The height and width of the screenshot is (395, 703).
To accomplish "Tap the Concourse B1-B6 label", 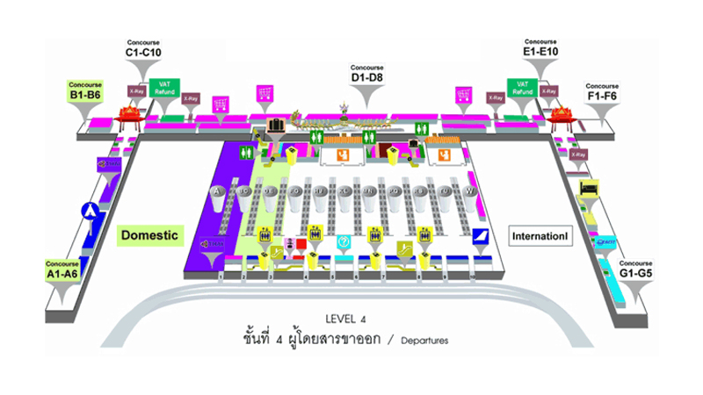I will (x=86, y=90).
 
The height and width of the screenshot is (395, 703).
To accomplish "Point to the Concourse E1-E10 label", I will (x=540, y=48).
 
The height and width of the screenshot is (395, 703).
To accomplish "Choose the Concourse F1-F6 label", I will (x=603, y=90).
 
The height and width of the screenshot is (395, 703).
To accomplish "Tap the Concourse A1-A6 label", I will (x=64, y=267).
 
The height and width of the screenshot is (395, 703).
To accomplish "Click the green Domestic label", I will (x=149, y=235).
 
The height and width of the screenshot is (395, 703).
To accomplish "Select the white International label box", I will (x=541, y=237).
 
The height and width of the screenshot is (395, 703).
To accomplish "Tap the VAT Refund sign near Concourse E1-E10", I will (x=521, y=88).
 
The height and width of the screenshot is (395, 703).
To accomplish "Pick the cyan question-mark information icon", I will (x=344, y=241).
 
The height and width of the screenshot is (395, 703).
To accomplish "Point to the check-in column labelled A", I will (x=216, y=190).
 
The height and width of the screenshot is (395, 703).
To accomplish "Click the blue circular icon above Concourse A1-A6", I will (x=88, y=211).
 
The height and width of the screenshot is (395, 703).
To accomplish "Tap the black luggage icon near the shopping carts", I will (x=279, y=124).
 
